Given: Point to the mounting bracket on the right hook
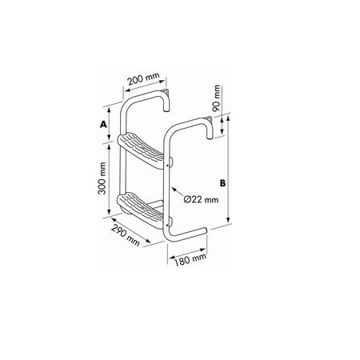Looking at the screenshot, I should tap(208, 121).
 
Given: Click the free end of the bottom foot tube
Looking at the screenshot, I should tap(206, 233).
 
